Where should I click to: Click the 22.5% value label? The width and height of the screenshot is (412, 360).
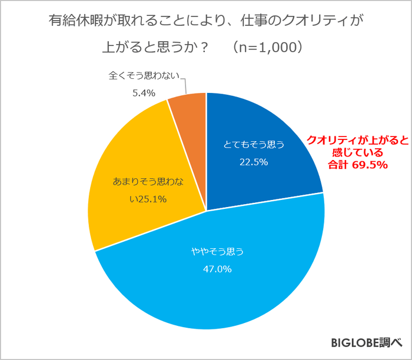(x=255, y=162)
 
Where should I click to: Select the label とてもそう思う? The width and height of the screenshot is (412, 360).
(x=255, y=144)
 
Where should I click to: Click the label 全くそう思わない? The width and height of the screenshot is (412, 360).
(x=143, y=76)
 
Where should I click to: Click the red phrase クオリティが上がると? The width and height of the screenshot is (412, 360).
(x=350, y=141)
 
